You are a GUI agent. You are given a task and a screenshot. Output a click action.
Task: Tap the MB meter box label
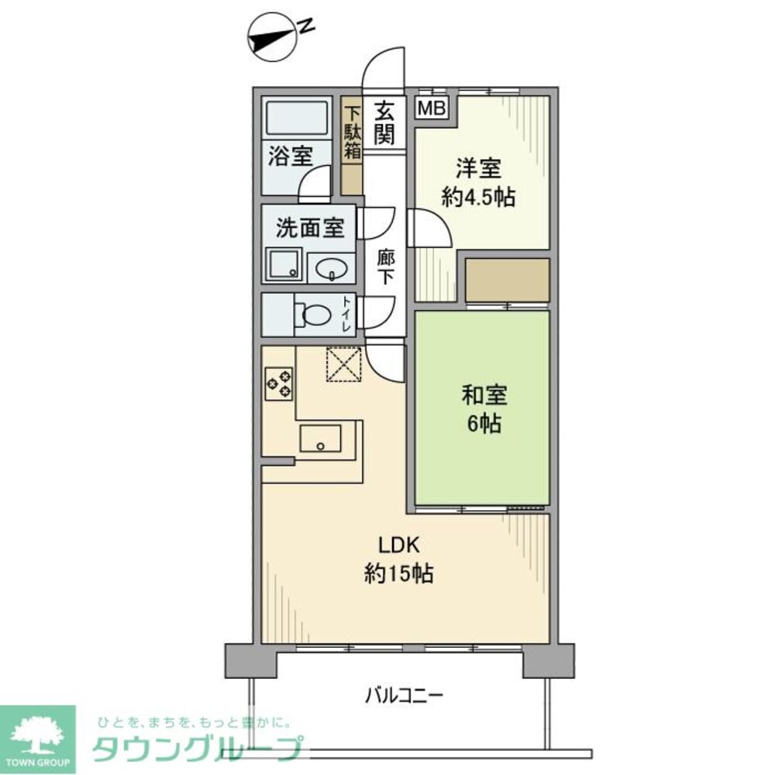click(x=432, y=108)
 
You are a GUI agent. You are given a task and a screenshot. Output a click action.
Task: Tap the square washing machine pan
click(x=284, y=264)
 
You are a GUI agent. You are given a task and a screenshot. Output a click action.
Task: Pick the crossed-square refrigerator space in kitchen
click(x=344, y=363)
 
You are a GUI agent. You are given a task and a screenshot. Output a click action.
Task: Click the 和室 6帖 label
click(x=484, y=409)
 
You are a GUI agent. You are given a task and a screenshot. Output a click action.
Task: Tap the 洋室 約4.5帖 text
click(x=477, y=183)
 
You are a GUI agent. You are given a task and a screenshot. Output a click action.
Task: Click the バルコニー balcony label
click(x=404, y=694)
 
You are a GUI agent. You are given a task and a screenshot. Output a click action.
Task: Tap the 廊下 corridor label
click(x=385, y=266)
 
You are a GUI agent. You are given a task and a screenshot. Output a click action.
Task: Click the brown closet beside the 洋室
click(x=507, y=280)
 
